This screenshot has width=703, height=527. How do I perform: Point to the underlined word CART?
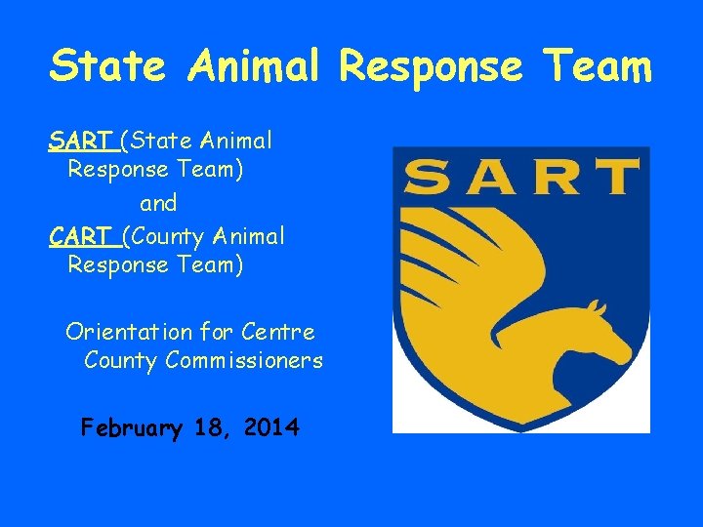(79, 235)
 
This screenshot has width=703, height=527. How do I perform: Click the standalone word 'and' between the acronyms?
(158, 203)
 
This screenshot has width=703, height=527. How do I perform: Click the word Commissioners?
(244, 361)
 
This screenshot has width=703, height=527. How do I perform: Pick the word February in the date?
(131, 427)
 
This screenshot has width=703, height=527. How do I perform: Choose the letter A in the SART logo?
(492, 179)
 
